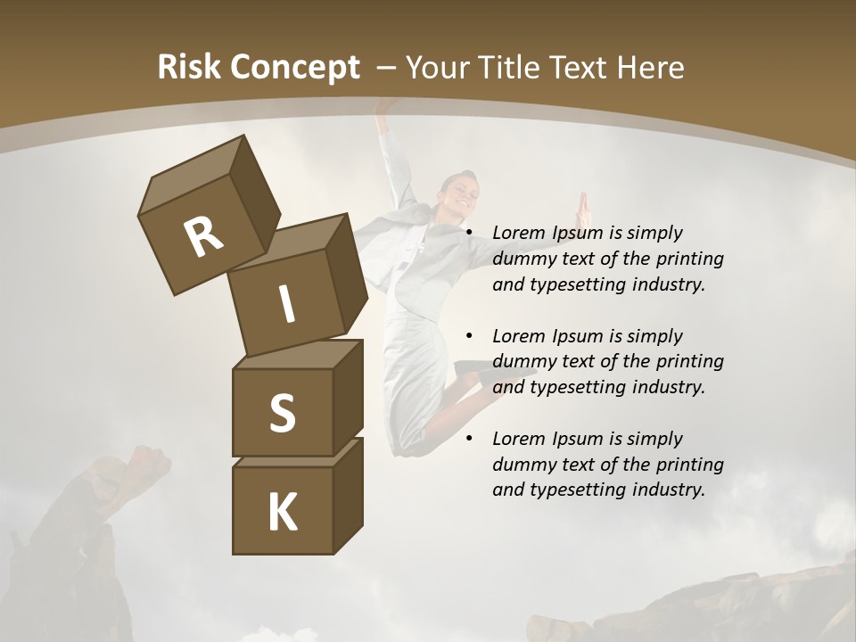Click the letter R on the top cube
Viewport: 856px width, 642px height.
[x=204, y=236]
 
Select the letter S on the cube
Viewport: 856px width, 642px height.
[x=282, y=414]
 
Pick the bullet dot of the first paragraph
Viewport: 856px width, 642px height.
[x=469, y=233]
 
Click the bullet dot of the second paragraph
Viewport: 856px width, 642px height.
[x=469, y=336]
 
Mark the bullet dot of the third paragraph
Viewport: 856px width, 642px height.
[x=469, y=439]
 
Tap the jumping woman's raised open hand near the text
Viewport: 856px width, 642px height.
[x=583, y=210]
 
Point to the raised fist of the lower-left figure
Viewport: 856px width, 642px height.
[x=149, y=460]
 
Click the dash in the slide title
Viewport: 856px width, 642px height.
[x=387, y=68]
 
